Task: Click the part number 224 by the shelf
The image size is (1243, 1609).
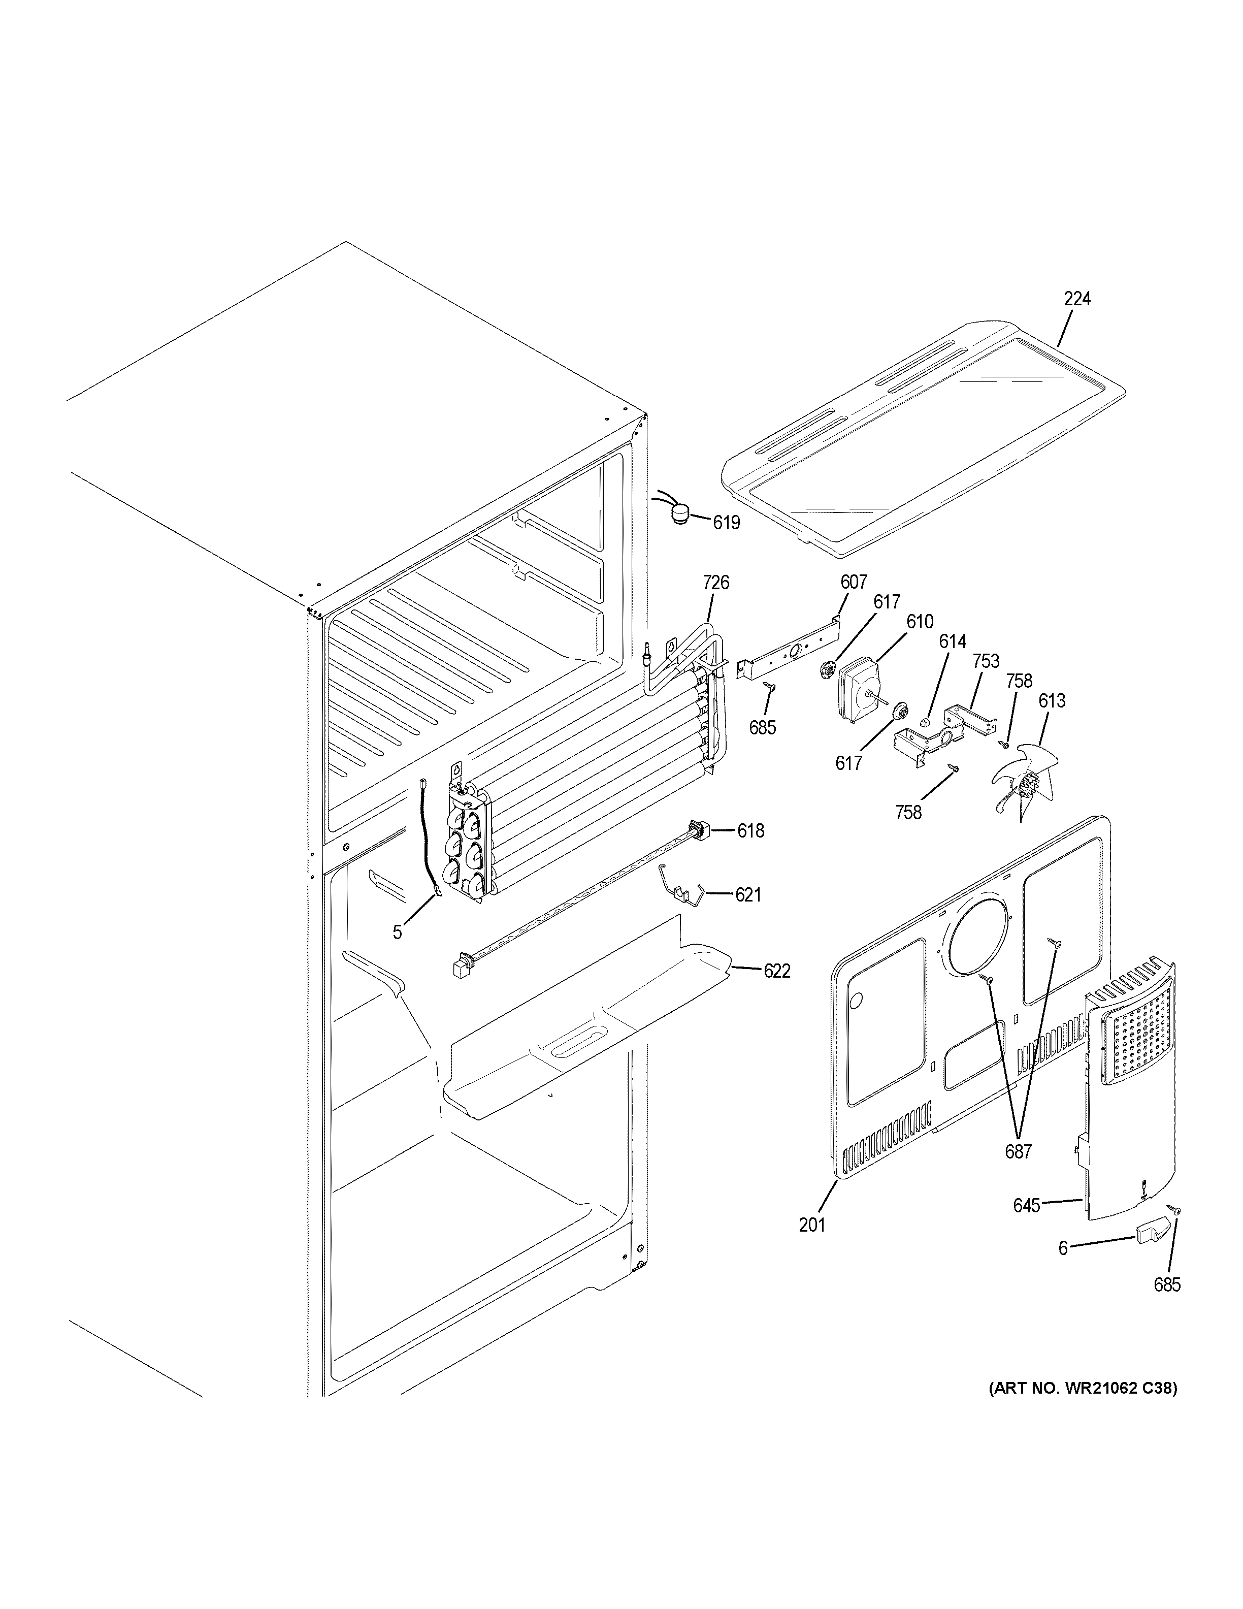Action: [1076, 299]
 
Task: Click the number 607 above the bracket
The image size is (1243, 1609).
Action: [854, 582]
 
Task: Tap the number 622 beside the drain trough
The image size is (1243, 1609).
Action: [776, 971]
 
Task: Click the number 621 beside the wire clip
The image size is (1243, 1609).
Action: [748, 894]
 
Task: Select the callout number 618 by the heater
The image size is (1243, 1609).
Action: [750, 831]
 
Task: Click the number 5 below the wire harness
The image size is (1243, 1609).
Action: [397, 932]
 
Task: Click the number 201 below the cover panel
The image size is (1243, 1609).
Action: [812, 1225]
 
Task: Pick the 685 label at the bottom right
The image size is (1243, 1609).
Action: [1167, 1285]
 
